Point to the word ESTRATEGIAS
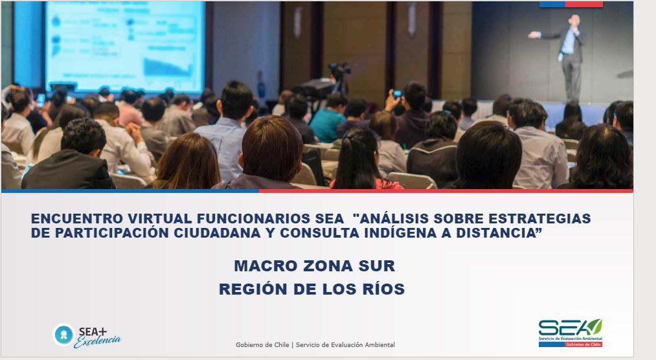pos(539,219)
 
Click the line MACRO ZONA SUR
pos(314,266)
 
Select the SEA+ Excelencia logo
pos(87,336)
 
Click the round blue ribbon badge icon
pos(63,335)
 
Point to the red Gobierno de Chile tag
pos(583,344)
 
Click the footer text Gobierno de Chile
pos(262,345)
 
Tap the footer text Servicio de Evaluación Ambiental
pos(345,345)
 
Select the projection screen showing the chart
pos(125,46)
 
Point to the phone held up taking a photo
pos(397,94)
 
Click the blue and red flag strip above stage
pos(571,4)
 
